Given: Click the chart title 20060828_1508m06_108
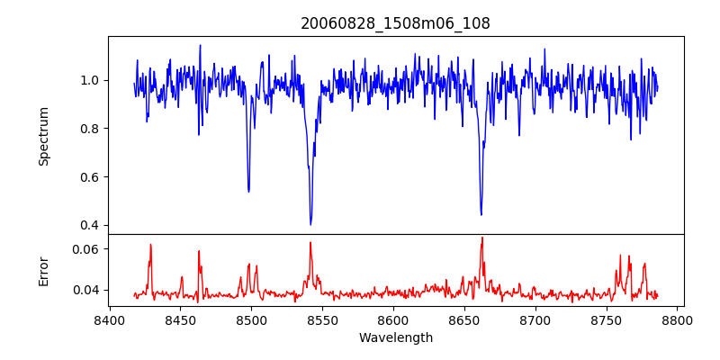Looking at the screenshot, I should click(x=395, y=23).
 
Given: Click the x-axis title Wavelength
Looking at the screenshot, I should click(x=395, y=338).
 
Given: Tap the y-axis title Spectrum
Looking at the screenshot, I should click(x=43, y=136).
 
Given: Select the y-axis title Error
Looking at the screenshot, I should click(x=43, y=270).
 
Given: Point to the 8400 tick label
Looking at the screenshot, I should click(x=109, y=320).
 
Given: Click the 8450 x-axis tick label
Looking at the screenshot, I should click(x=180, y=320).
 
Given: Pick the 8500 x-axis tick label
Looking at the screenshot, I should click(x=251, y=320).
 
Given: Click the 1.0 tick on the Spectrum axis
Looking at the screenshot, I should click(x=90, y=80).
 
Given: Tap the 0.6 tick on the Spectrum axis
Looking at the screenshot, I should click(x=90, y=176).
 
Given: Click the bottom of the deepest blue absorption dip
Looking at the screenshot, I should click(x=310, y=224).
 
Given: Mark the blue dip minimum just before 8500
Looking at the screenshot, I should click(x=248, y=191).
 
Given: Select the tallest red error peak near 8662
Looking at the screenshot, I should click(x=481, y=238).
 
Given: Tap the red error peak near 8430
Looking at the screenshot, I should click(x=150, y=245).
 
